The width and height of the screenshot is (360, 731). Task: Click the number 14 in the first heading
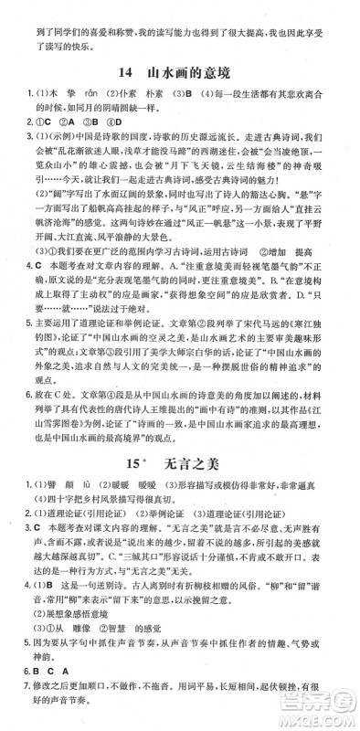pos(126,72)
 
